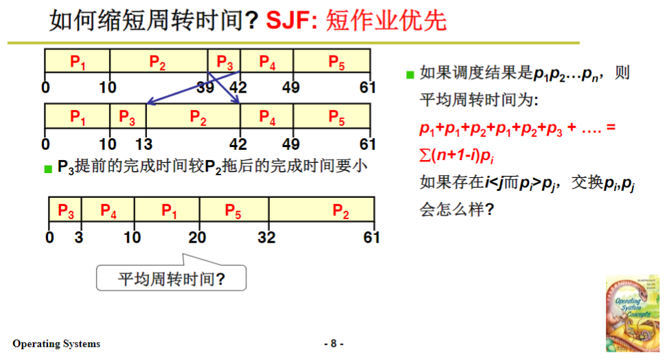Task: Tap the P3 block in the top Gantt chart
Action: pos(224,63)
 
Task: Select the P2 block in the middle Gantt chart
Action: pos(198,117)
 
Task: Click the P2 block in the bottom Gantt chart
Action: pos(341,210)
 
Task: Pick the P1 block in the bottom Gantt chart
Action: pos(168,210)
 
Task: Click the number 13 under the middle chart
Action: pos(144,144)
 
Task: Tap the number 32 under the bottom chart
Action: pos(266,238)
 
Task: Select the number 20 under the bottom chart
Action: pos(197,238)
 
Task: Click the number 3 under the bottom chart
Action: pos(79,238)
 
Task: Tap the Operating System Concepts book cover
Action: pos(631,313)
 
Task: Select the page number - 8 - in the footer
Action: pos(333,344)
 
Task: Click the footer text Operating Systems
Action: pos(56,344)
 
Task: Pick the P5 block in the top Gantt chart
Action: pos(336,63)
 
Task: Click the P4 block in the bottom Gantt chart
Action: pos(109,210)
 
